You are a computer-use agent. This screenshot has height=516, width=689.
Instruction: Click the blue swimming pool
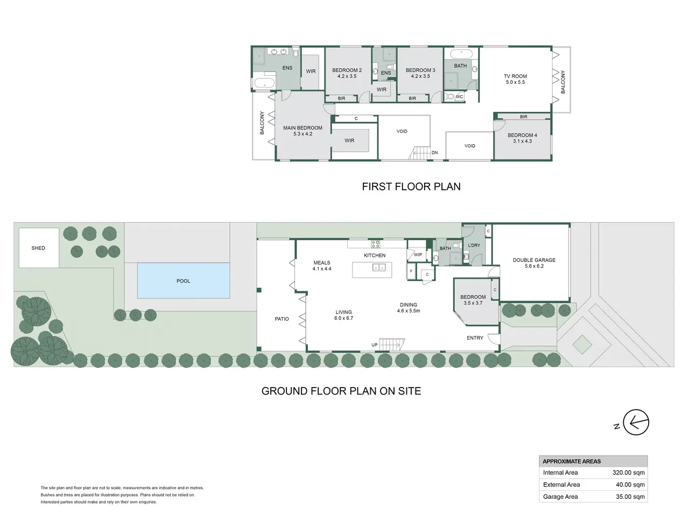pos(184,281)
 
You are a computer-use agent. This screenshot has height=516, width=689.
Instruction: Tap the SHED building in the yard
pos(39,248)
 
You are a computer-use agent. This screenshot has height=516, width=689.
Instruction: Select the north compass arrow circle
pos(636,422)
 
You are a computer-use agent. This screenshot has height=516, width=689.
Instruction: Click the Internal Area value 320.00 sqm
pos(628,472)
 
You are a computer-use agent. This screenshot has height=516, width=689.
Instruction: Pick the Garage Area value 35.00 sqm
pos(630,497)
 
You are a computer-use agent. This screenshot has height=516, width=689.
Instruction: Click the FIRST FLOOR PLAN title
pos(411,187)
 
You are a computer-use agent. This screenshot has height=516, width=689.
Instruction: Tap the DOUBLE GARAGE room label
pos(534,260)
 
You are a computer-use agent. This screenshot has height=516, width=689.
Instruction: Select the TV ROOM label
pos(515,76)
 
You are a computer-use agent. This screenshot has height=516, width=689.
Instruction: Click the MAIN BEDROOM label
pos(303,128)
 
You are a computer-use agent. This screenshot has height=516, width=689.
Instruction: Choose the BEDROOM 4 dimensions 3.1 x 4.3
pos(522,141)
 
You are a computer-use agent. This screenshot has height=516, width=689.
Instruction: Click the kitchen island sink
pos(379,267)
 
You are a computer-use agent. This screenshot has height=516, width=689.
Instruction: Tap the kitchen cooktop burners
pos(375,243)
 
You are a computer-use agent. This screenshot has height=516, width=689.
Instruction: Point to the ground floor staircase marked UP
pos(392,345)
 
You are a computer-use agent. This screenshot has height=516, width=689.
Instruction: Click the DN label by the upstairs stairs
pos(434,153)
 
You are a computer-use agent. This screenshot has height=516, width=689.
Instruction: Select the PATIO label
pos(282,319)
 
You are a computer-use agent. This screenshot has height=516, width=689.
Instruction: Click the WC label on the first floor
pos(459,97)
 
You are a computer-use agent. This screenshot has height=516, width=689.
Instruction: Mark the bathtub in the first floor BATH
pos(461,54)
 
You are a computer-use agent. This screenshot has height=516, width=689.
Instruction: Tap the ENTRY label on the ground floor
pos(475,338)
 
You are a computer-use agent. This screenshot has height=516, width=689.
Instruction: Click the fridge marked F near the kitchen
pos(411,271)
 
